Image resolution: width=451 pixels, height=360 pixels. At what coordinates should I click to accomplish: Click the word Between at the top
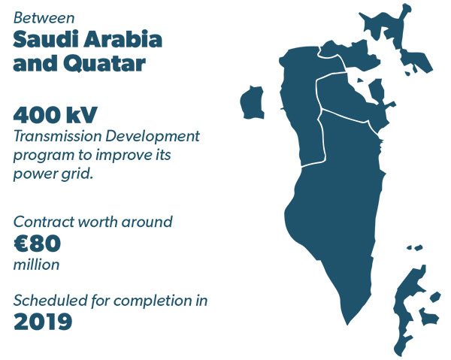click(x=44, y=18)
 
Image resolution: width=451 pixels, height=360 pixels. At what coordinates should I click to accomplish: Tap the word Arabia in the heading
click(x=123, y=39)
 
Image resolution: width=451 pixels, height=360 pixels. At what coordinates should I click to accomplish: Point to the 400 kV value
click(x=55, y=115)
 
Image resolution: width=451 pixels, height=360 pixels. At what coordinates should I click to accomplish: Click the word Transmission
click(x=57, y=136)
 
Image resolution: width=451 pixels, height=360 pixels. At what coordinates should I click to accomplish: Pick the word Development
click(x=153, y=137)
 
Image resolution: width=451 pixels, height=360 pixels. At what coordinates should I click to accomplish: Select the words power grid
click(x=53, y=174)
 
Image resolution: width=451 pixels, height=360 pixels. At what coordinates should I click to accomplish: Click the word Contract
click(x=44, y=222)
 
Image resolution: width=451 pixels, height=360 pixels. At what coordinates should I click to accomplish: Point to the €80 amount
click(x=37, y=244)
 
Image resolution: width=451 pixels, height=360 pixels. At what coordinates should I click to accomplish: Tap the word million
click(x=37, y=265)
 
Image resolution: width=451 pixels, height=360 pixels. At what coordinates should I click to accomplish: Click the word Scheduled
click(x=50, y=301)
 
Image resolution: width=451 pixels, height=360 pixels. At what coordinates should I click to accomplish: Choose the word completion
click(x=153, y=301)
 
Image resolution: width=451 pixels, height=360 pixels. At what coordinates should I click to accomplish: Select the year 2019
click(x=43, y=322)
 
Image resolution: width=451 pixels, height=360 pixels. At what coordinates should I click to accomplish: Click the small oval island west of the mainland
click(x=253, y=102)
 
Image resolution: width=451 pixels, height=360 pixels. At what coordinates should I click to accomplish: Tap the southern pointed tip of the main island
click(x=347, y=325)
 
